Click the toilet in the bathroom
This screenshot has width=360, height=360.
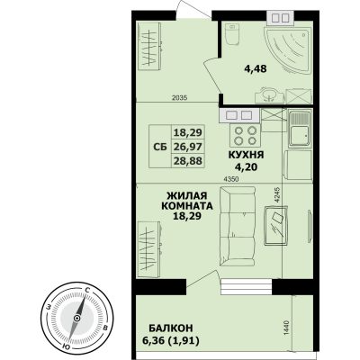pos(232,34)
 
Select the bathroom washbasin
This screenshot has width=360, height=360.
pos(269,95)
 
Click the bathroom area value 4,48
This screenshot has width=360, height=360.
pos(256,68)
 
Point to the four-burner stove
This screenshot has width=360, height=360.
pos(245,135)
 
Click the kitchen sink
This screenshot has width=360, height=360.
pos(300,129)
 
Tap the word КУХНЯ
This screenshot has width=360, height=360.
pos(246,155)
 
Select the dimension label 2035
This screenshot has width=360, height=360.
pos(180,97)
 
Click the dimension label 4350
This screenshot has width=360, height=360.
pos(231,179)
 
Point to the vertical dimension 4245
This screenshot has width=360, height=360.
pos(277,196)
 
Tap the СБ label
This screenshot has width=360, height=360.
pos(160,147)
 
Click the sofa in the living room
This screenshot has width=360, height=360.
pos(238,226)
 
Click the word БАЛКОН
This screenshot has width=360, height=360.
pos(171,328)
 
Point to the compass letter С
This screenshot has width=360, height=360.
pos(87,290)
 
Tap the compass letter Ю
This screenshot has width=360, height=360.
pos(65,346)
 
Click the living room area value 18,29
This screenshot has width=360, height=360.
pos(188,215)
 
